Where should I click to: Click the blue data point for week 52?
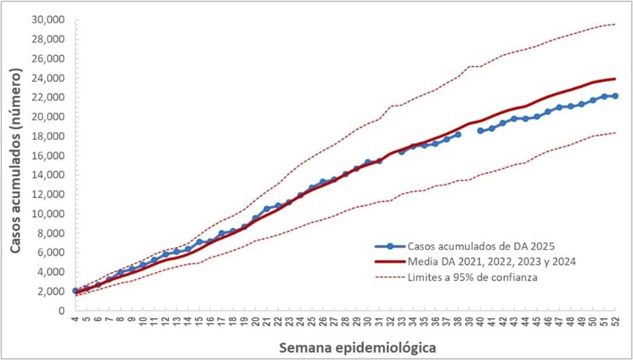click(x=615, y=96)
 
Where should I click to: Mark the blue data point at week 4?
click(x=75, y=290)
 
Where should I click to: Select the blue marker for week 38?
click(x=458, y=135)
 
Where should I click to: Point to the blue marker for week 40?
click(x=480, y=131)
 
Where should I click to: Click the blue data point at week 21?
click(x=267, y=209)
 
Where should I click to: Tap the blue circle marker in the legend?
click(x=390, y=246)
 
